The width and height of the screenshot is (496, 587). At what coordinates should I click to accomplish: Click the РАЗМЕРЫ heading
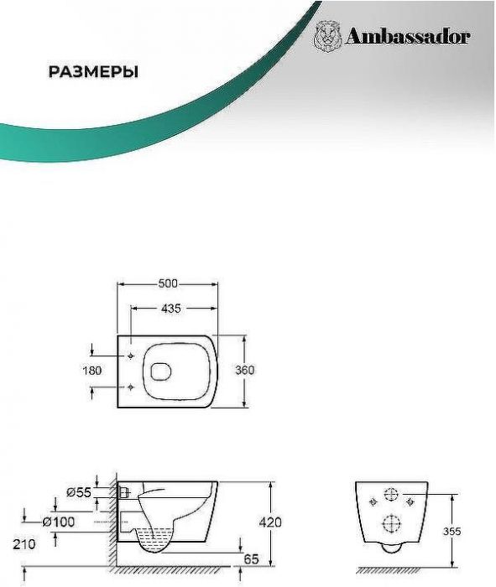click(93, 71)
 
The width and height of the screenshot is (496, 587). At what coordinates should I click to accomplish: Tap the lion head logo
click(327, 36)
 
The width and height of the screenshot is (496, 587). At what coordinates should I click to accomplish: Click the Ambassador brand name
click(408, 36)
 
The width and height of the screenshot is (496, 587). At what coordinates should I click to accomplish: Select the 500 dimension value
click(168, 283)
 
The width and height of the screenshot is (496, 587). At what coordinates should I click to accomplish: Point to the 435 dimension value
click(171, 309)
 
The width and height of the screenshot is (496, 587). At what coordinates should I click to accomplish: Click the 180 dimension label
click(91, 371)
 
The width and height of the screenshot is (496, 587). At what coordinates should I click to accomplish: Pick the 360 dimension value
click(244, 370)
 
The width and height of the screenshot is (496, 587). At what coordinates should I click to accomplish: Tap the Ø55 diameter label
click(79, 492)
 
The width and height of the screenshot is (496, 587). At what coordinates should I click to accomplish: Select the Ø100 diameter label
click(59, 522)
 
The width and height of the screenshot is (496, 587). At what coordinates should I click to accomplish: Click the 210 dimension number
click(24, 544)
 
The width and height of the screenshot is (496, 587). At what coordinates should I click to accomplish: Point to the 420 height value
click(270, 522)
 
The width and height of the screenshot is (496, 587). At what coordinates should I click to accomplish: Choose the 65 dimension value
click(251, 559)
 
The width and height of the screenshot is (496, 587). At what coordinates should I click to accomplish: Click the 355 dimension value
click(452, 531)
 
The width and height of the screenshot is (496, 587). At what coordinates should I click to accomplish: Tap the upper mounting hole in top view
click(130, 356)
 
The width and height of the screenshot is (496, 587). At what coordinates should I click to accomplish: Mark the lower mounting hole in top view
click(130, 387)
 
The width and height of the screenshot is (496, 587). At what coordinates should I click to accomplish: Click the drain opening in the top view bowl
click(160, 371)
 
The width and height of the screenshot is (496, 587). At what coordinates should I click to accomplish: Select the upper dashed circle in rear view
click(391, 495)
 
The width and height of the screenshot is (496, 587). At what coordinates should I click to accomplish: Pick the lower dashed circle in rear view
click(391, 523)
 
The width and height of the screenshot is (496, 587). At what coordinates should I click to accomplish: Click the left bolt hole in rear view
click(373, 501)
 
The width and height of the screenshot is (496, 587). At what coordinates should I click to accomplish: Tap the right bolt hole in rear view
click(410, 501)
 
